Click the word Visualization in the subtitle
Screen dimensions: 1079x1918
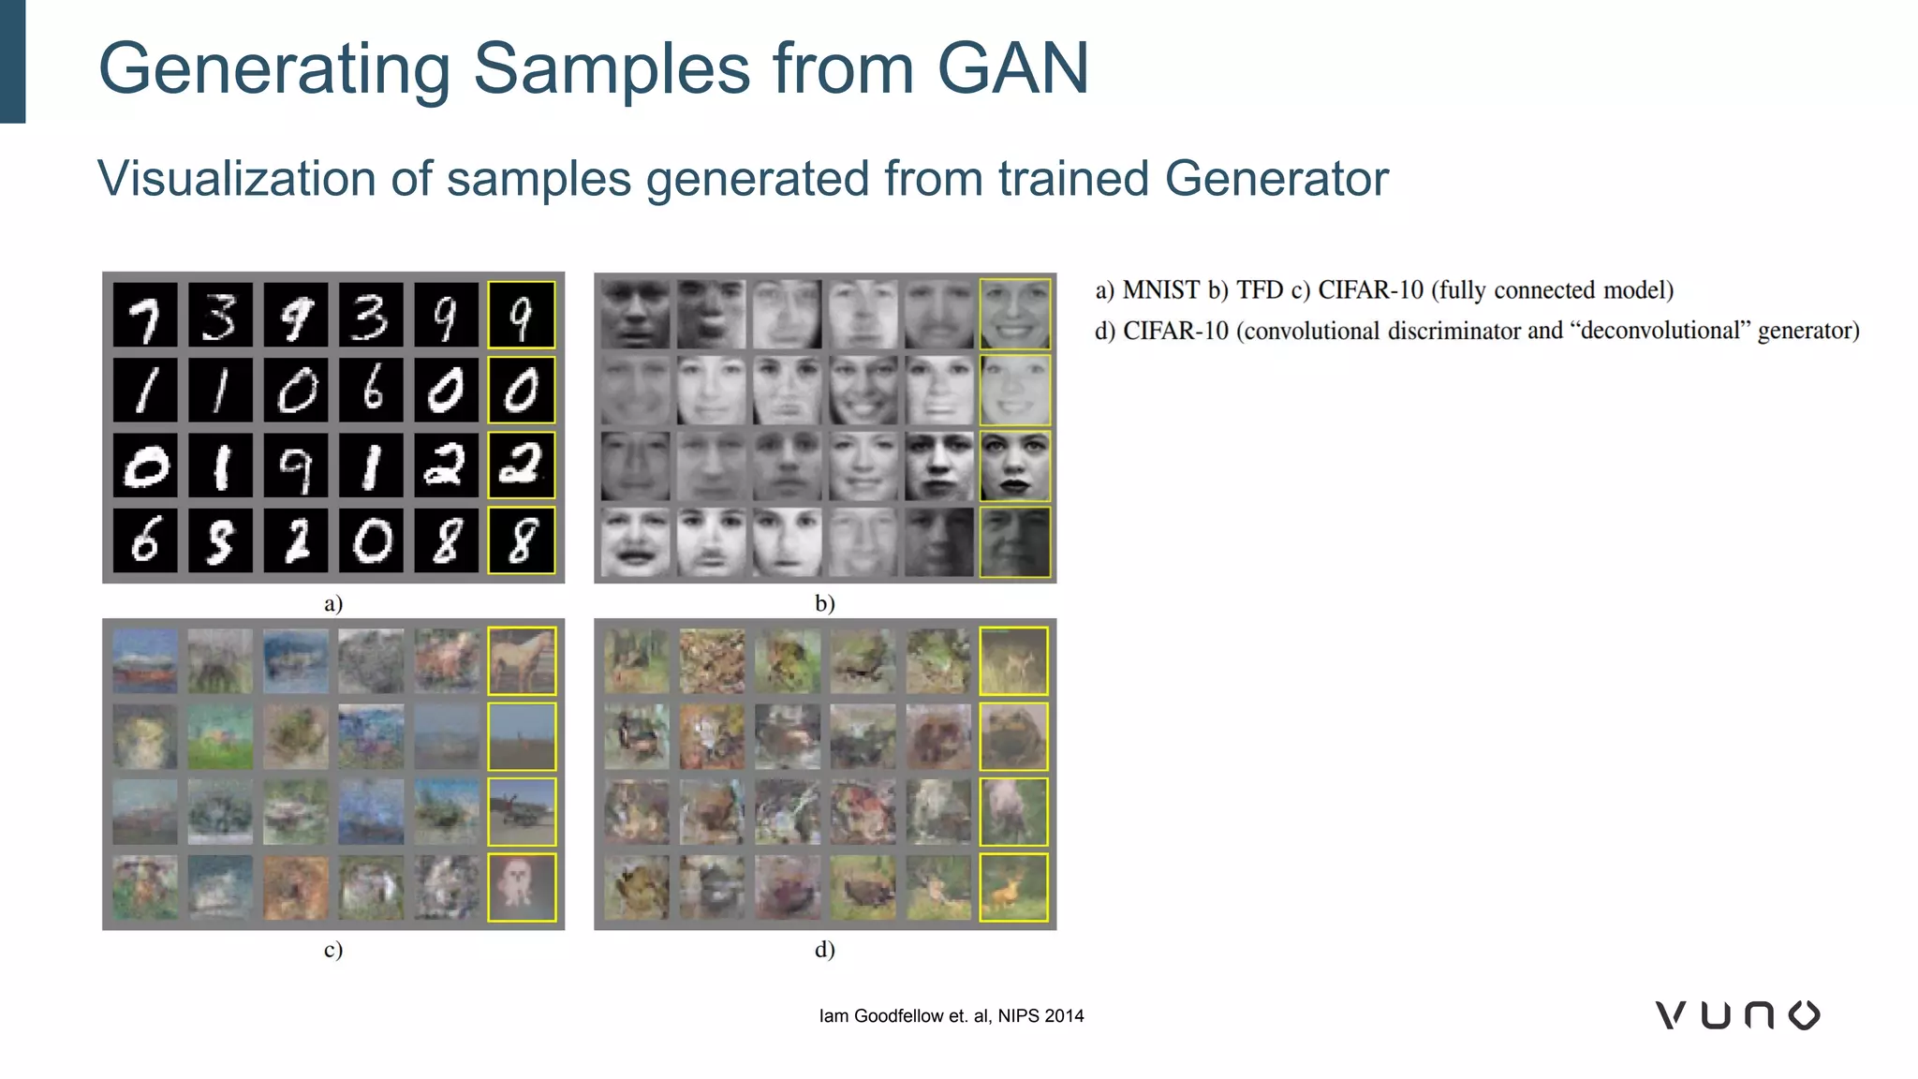[x=236, y=178]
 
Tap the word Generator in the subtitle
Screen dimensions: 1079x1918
[x=1276, y=178]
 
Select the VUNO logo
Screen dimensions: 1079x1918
[x=1737, y=1015]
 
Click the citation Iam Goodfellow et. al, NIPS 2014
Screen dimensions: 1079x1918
[x=951, y=1016]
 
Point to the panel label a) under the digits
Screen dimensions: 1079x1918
[x=333, y=603]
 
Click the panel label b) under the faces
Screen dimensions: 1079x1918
[x=824, y=603]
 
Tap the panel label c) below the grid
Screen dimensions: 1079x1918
[x=333, y=950]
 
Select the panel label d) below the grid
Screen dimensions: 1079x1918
[x=824, y=950]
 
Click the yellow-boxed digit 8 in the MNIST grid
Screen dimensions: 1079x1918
[x=522, y=540]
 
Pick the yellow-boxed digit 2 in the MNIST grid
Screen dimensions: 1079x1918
[x=522, y=466]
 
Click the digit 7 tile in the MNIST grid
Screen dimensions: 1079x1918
[x=145, y=316]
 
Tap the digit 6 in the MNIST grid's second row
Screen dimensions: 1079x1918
[x=372, y=390]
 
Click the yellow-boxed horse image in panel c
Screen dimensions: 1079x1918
[x=522, y=661]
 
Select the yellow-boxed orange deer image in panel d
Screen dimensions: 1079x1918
[x=1013, y=887]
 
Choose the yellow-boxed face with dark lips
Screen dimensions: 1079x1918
[x=1014, y=466]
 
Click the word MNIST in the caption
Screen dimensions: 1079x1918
[x=1160, y=290]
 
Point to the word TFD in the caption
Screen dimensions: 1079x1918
[x=1259, y=290]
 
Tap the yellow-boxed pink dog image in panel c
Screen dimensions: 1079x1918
[x=522, y=887]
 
